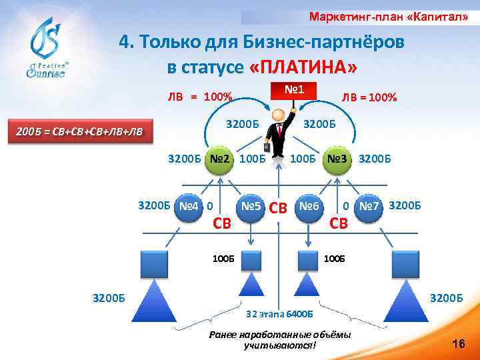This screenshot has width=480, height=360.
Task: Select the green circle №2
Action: click(x=219, y=160)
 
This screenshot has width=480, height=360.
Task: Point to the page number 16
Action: click(x=457, y=344)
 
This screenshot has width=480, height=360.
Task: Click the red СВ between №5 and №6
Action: click(x=279, y=209)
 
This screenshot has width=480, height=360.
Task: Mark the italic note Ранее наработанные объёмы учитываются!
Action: click(x=279, y=339)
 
